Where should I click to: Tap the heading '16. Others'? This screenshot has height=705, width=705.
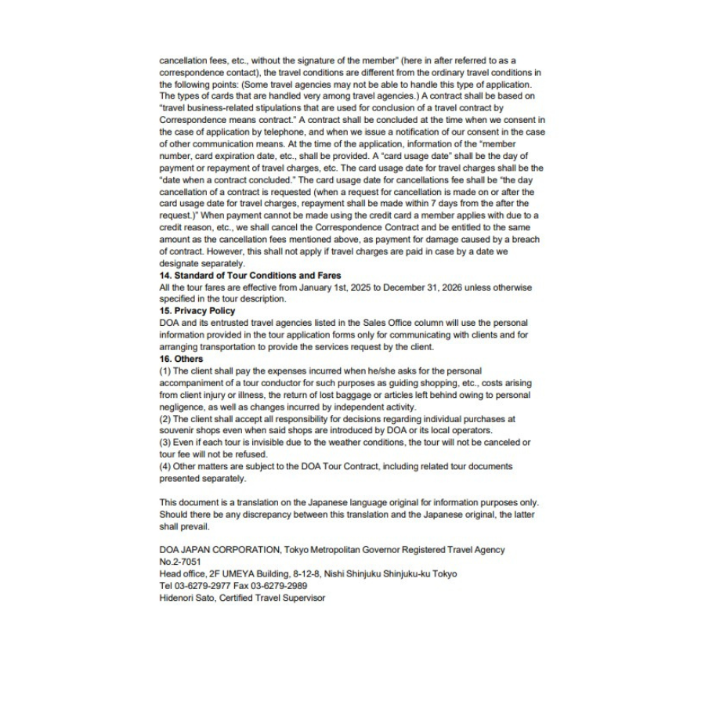pyautogui.click(x=181, y=359)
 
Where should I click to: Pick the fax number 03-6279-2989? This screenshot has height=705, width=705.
pyautogui.click(x=280, y=585)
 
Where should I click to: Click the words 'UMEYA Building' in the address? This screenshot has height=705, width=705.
pyautogui.click(x=262, y=573)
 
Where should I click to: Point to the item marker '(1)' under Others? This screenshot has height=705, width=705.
pyautogui.click(x=164, y=371)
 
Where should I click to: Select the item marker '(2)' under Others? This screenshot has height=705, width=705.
pyautogui.click(x=164, y=419)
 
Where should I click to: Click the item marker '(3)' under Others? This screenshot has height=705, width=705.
pyautogui.click(x=164, y=443)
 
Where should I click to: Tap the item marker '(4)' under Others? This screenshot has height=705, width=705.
pyautogui.click(x=164, y=466)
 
